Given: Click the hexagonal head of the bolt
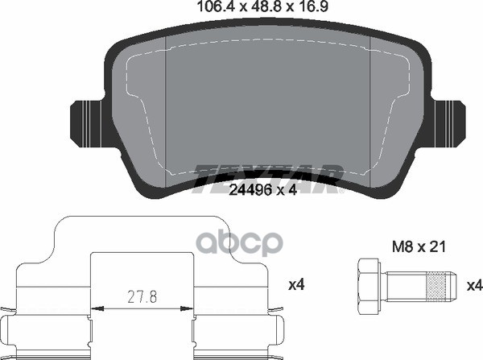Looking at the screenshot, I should point(366,284).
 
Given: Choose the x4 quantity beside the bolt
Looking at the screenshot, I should point(474,284).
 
